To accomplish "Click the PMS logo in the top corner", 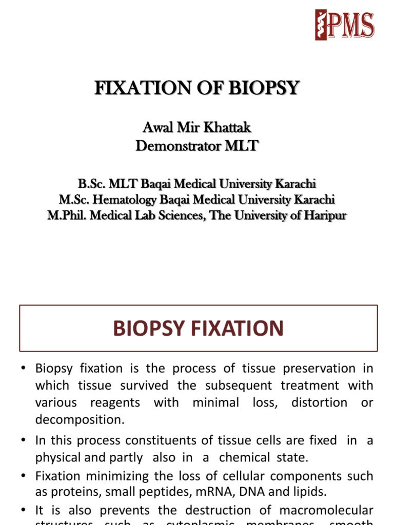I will click(x=345, y=25).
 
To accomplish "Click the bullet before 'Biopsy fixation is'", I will click(x=23, y=369).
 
